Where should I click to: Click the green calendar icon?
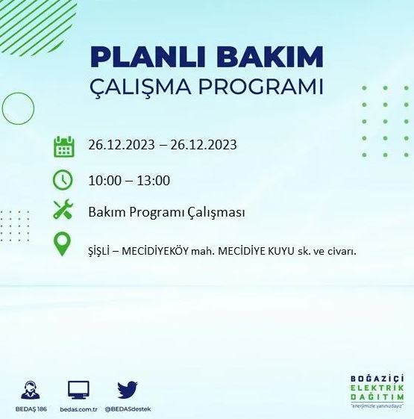pos(63,146)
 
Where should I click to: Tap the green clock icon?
pos(63,180)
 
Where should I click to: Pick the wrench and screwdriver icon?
pos(63,211)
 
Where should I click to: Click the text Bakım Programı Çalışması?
pos(166,212)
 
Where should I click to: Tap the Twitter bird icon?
pos(128,388)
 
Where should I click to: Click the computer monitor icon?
pos(78,389)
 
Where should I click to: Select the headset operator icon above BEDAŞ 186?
pos(31,390)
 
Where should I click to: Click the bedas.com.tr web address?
pos(78,409)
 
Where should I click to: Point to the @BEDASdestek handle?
pos(128,409)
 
